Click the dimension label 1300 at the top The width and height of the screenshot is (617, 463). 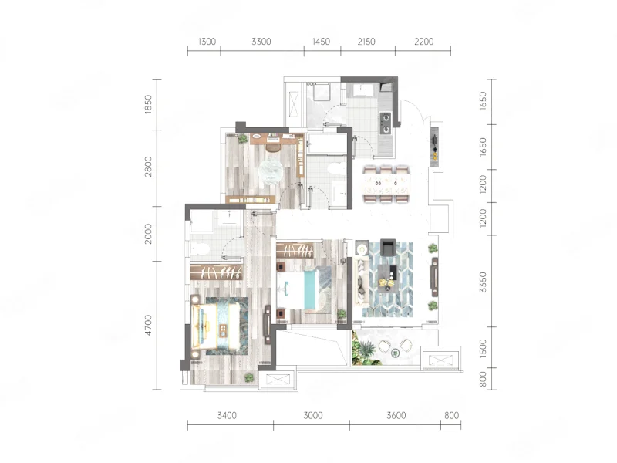[x=207, y=42]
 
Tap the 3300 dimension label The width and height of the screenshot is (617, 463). [x=261, y=42]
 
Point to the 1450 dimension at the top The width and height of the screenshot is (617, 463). [x=321, y=42]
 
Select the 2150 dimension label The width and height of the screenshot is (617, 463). [x=366, y=42]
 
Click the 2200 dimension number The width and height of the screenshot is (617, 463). [x=423, y=42]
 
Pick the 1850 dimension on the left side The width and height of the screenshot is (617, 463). [x=148, y=104]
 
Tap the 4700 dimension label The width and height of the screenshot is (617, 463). [x=148, y=325]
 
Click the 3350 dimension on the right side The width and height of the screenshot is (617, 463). [x=484, y=282]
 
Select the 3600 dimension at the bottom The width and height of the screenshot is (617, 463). [x=396, y=415]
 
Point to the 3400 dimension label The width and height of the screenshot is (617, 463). [x=227, y=415]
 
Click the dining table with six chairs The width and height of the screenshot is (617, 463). [x=387, y=184]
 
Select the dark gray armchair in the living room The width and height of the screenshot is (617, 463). [x=389, y=247]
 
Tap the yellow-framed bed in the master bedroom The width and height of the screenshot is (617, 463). [x=216, y=326]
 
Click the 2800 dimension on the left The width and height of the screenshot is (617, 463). [x=148, y=167]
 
